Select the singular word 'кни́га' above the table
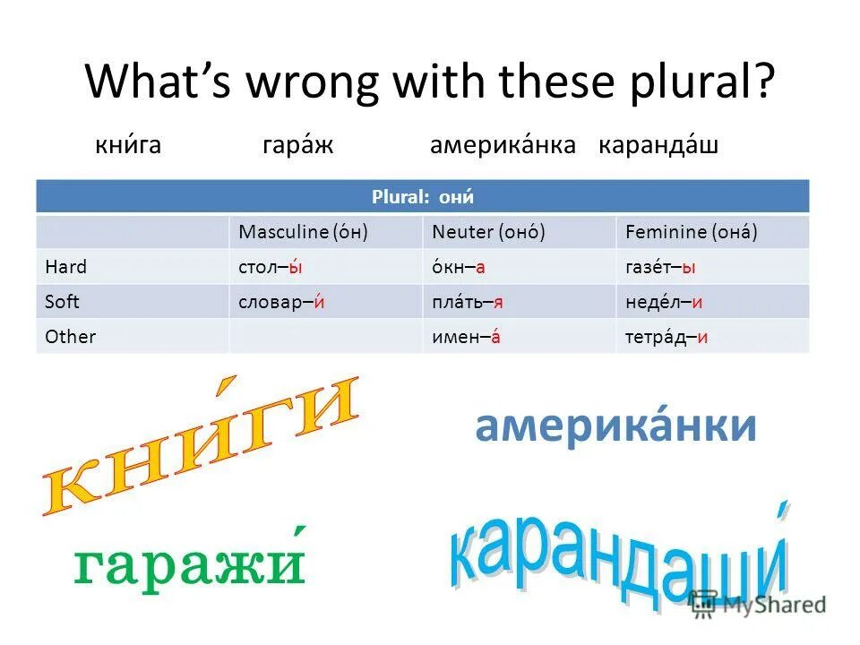128,146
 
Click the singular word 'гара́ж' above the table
297,146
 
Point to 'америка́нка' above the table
503,146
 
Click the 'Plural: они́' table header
422,195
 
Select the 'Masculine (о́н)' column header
304,232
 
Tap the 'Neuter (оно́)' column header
489,232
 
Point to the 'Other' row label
70,337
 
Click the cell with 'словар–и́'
280,302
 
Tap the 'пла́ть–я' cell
468,302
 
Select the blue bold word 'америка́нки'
615,426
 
